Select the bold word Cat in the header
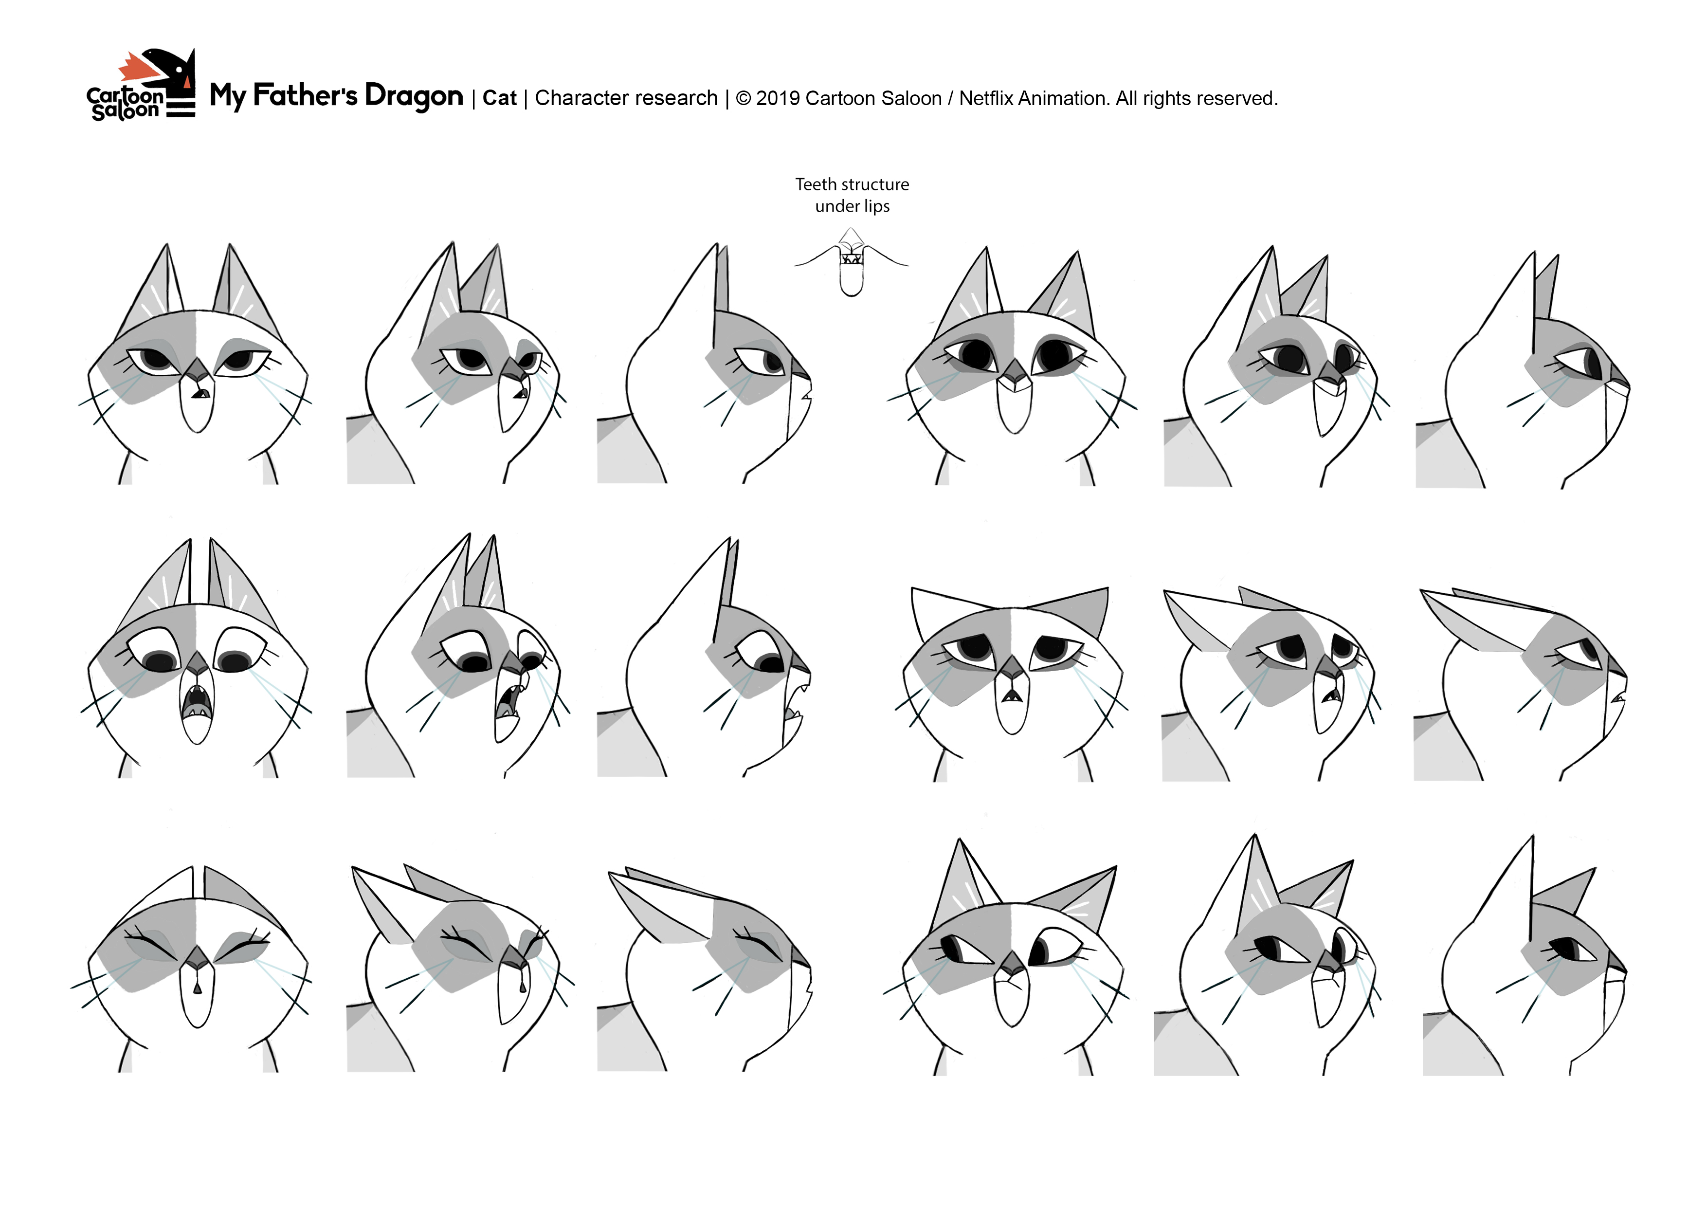(x=500, y=98)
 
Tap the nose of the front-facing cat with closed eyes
(x=196, y=957)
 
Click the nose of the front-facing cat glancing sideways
(x=1011, y=962)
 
